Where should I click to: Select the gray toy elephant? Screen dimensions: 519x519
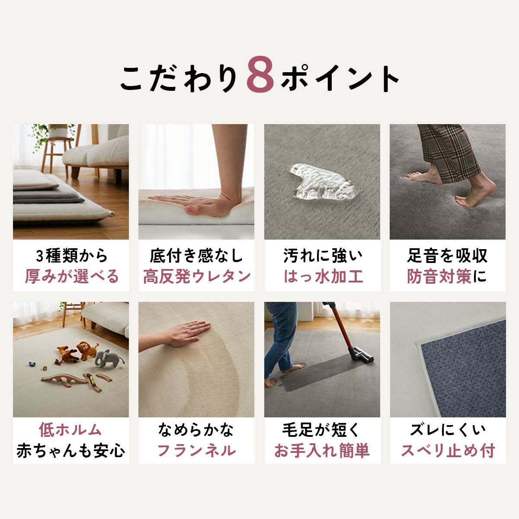(108, 359)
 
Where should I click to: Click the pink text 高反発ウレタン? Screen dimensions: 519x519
(197, 277)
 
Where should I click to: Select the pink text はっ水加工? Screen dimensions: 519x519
(323, 277)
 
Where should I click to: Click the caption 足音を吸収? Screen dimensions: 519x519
(448, 256)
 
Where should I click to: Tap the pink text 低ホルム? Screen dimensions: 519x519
(70, 430)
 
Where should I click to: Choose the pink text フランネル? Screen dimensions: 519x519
(196, 451)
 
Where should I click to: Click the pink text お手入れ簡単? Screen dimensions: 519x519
(322, 451)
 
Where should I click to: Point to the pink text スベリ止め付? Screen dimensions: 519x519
(448, 451)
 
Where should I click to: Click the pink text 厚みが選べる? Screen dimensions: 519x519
(71, 277)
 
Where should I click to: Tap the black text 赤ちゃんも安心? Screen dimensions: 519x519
(71, 451)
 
